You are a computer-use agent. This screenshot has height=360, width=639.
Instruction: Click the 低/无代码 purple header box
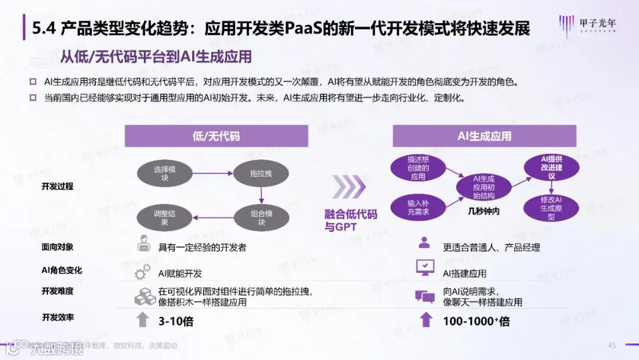coord(216,136)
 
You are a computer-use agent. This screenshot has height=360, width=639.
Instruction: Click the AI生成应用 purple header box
coord(484,136)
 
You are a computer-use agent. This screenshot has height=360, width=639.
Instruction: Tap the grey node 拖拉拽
coord(261,173)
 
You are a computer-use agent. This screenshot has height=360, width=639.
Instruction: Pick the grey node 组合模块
coord(261,218)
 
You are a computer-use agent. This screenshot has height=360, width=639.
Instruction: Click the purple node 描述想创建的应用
coord(418,168)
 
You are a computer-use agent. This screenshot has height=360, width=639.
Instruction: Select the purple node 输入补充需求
coord(418,207)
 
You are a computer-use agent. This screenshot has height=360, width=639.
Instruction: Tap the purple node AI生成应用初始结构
coord(483,187)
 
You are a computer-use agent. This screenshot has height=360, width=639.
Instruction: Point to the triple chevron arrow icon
coord(350,187)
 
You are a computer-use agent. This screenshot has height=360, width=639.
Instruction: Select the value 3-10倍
coord(176,322)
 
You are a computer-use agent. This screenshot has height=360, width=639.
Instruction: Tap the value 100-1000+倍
coord(476,322)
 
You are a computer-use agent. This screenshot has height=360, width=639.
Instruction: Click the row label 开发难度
coord(57,291)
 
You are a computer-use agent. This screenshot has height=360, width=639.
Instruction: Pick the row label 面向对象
coord(57,247)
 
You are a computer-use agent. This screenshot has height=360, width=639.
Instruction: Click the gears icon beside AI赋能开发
coord(143,273)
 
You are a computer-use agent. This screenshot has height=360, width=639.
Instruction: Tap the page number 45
coord(612,346)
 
